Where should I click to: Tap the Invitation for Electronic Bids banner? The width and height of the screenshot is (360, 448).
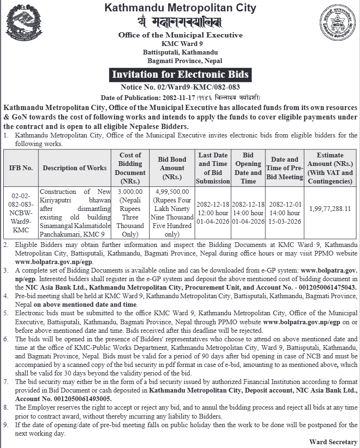click(x=180, y=75)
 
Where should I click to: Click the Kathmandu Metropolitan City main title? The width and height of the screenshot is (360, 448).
click(x=180, y=8)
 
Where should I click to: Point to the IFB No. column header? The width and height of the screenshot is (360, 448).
click(x=21, y=168)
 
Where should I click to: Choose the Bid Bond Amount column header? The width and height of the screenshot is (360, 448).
click(x=172, y=168)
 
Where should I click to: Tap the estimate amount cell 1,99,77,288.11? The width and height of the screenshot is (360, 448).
click(x=330, y=208)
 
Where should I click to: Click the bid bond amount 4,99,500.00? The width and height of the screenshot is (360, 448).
click(x=172, y=192)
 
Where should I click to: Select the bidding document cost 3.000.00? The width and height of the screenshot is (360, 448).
click(x=130, y=192)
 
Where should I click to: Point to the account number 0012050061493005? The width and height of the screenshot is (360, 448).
click(x=84, y=400)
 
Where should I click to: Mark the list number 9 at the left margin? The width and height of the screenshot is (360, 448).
click(x=6, y=425)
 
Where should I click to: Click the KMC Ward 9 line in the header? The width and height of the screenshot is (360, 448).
click(x=180, y=44)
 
